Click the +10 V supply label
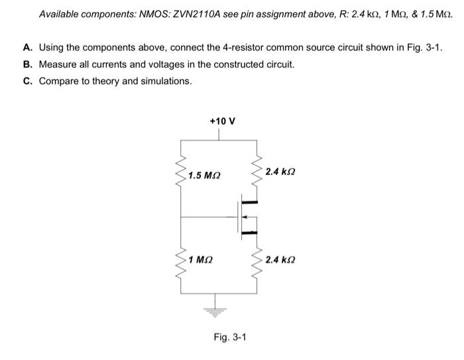(222, 121)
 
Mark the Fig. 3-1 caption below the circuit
(230, 337)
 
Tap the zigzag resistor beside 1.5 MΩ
(180, 174)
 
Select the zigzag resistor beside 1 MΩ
(180, 261)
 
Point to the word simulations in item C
(166, 81)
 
